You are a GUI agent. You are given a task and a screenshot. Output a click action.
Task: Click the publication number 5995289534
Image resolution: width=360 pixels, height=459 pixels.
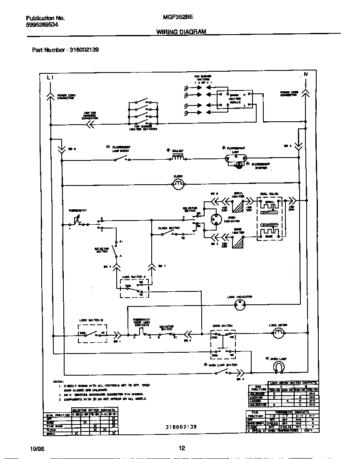pos(42,25)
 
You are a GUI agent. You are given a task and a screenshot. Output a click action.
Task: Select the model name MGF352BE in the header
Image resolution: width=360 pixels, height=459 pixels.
pos(171,18)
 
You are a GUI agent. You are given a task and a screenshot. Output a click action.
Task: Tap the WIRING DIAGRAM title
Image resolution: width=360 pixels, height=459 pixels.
pos(181,32)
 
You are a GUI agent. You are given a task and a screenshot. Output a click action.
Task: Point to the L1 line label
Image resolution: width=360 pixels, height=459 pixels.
pos(50,78)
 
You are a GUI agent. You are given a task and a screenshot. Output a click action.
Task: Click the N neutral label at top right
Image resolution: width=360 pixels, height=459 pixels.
pos(305,75)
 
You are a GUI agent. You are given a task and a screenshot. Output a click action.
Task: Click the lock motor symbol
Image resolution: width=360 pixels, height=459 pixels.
pos(278,332)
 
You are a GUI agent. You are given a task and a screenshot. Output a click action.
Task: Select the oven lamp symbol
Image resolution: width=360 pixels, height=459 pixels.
pos(278,366)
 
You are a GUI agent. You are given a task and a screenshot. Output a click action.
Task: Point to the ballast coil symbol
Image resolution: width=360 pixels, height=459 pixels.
pos(178,157)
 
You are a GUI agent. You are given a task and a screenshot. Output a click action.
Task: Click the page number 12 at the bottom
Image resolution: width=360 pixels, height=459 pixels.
pos(181,449)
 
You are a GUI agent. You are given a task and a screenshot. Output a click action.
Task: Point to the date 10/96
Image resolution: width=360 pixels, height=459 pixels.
pos(37,449)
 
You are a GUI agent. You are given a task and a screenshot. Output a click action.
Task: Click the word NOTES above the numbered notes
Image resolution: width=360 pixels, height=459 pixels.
pos(57,381)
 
